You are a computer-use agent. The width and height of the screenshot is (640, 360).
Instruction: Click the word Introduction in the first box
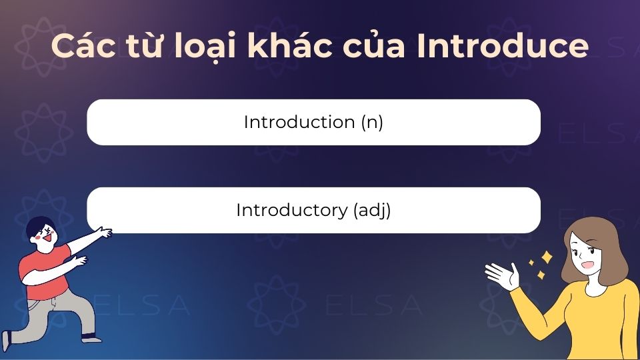point(298,123)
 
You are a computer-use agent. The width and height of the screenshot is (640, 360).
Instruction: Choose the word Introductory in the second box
point(291,210)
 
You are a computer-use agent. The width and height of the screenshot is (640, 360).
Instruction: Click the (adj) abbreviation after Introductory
point(371,211)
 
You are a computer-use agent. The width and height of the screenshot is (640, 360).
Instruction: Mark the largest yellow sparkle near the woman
point(547,257)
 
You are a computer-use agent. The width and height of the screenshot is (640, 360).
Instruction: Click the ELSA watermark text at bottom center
point(373,305)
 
